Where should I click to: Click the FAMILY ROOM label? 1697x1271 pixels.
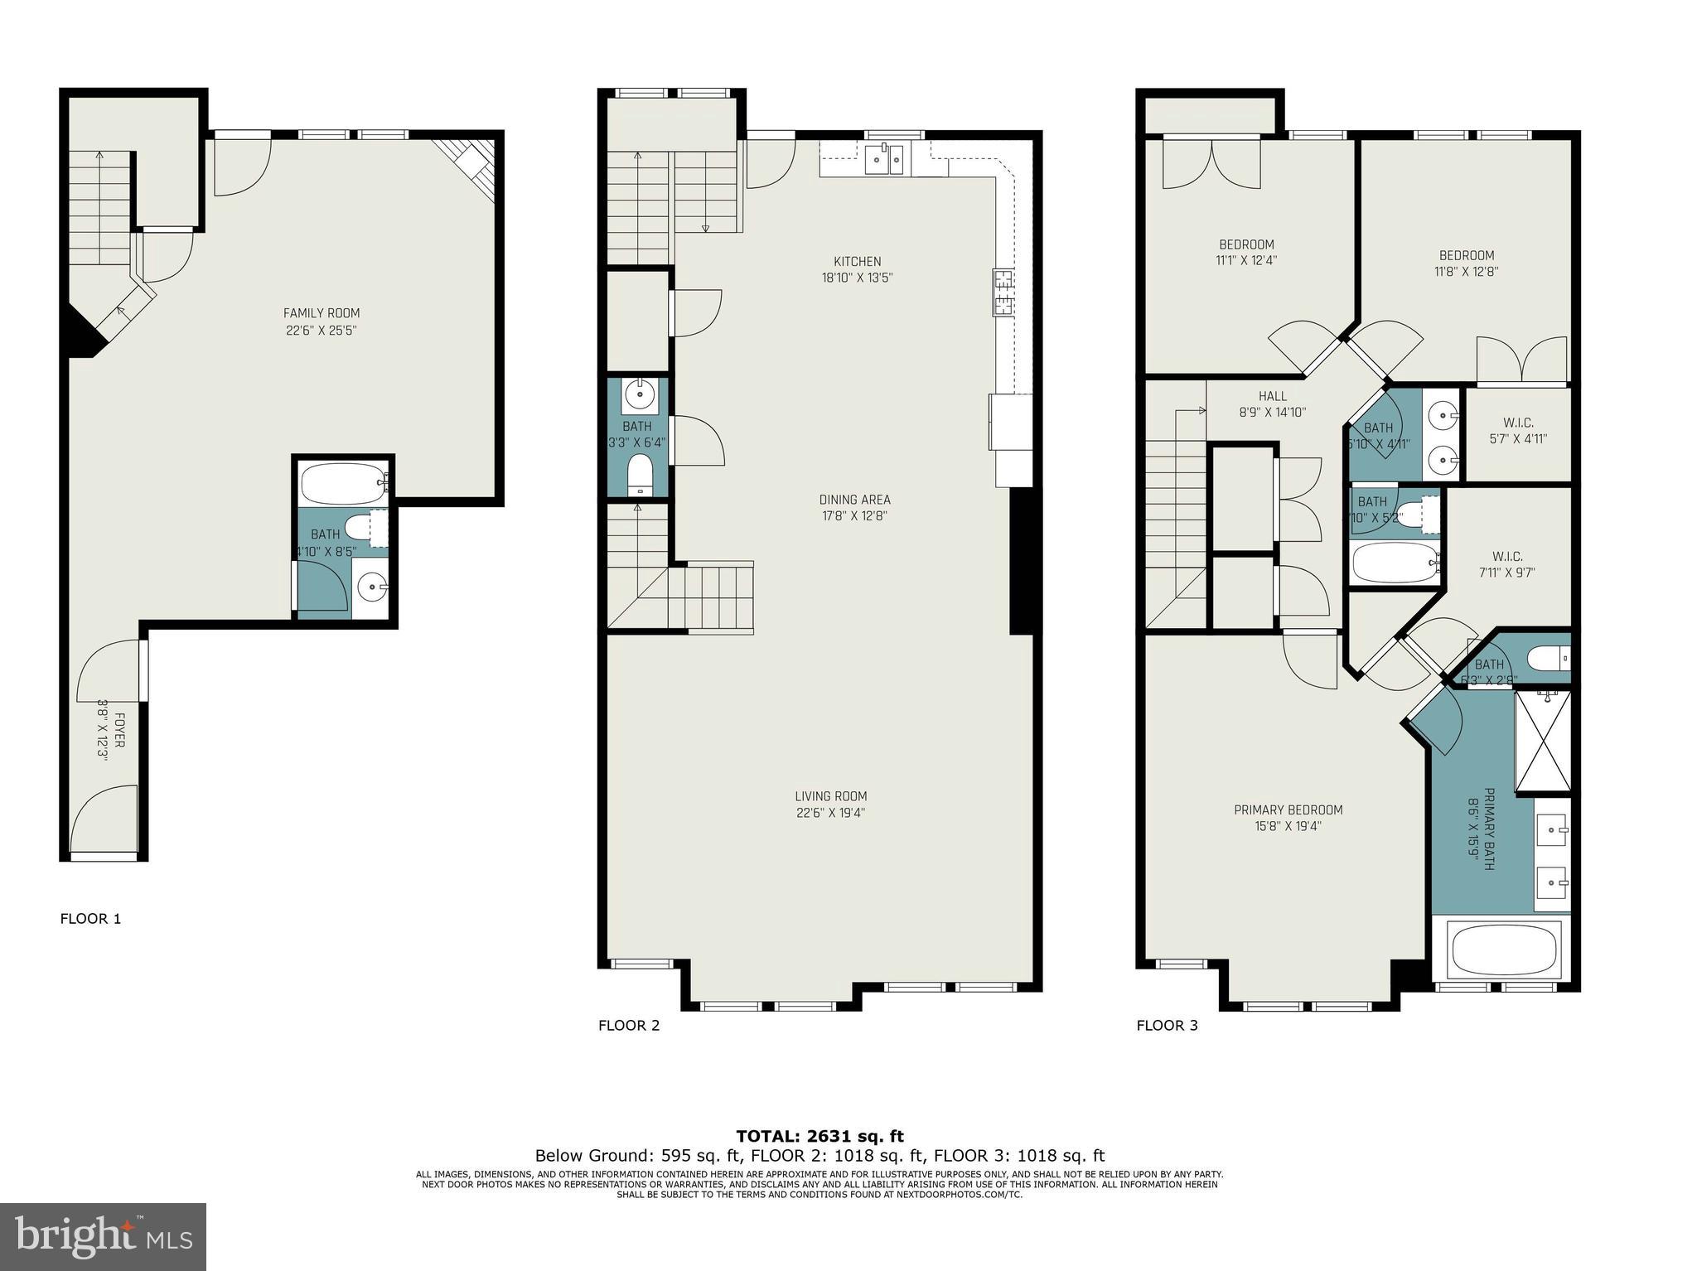(322, 313)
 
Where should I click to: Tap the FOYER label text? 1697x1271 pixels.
(120, 730)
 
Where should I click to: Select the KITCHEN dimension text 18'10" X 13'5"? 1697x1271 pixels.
(857, 278)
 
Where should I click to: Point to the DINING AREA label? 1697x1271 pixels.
(854, 500)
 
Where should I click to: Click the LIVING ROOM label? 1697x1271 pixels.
(830, 796)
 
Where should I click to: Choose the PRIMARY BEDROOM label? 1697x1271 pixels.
(1288, 809)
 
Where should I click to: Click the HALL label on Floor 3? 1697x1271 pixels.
(1272, 396)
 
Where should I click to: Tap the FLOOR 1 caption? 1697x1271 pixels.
(91, 918)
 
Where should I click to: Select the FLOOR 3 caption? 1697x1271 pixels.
(1167, 1025)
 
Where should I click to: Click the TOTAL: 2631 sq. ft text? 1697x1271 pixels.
(819, 1136)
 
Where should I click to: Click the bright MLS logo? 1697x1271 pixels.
(103, 1237)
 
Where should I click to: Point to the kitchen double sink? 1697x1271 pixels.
(884, 159)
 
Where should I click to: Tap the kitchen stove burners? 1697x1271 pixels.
(1003, 292)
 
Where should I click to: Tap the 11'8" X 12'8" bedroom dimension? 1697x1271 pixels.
(1466, 271)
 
